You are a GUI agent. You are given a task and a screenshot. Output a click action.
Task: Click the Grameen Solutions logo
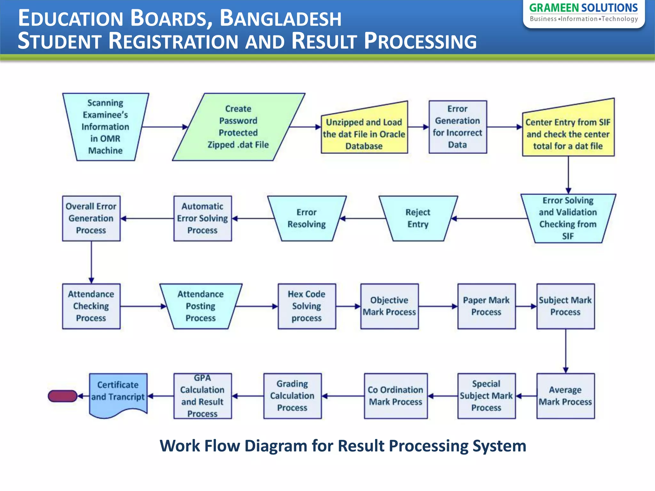point(583,13)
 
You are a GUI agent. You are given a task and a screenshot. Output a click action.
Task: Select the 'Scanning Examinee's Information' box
point(105,127)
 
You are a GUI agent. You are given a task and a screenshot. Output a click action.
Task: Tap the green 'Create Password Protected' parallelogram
point(238,127)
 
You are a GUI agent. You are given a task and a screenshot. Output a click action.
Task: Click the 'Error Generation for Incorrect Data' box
point(457,127)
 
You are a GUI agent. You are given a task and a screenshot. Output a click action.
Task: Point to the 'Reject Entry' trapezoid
point(418,218)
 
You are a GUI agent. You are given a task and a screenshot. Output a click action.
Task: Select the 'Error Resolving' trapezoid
point(306,218)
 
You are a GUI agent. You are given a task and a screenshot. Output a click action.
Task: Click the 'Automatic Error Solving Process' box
point(202,218)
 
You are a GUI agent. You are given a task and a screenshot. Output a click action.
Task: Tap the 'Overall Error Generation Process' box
point(91,218)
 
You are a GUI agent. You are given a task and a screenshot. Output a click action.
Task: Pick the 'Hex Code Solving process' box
point(306,306)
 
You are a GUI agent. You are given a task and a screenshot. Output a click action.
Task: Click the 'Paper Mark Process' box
point(486,306)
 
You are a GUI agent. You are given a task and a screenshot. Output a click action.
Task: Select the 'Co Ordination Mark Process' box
point(395,396)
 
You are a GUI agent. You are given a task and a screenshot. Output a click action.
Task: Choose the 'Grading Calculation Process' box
point(292,396)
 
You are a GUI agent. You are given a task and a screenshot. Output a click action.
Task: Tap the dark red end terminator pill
point(62,396)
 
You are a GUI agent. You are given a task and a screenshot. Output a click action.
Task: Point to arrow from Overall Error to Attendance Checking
point(91,262)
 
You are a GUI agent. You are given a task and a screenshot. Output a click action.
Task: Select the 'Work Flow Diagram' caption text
point(343,446)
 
